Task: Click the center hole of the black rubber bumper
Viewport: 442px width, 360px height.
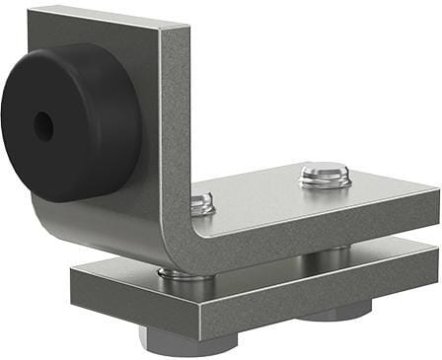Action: click(43, 125)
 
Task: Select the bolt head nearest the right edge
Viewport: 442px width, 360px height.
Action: click(326, 178)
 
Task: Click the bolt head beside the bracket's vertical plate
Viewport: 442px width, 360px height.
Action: click(201, 204)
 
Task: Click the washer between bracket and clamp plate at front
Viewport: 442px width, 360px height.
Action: click(186, 278)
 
